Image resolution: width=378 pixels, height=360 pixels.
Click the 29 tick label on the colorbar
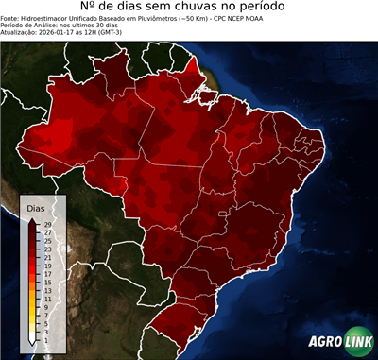tap(46, 224)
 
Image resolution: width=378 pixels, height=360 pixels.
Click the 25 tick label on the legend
tap(46, 240)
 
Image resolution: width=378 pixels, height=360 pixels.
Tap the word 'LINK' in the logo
tap(358, 343)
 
